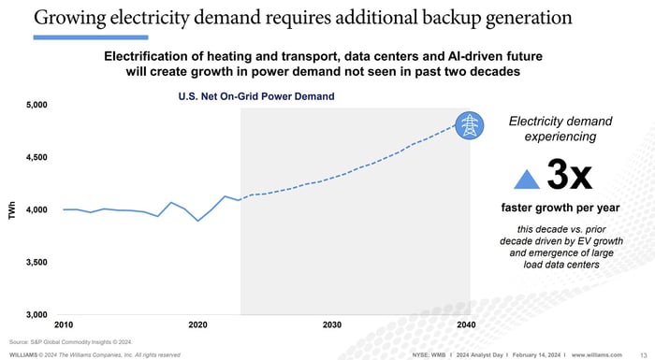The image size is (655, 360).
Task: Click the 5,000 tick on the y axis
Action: coord(35,105)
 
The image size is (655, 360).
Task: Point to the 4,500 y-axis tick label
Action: coord(35,157)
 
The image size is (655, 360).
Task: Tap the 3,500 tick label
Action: coord(35,262)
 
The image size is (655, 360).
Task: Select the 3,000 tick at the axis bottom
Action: coord(35,314)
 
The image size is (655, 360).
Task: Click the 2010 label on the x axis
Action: coord(64,324)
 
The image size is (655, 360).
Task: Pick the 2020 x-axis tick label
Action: coord(197,324)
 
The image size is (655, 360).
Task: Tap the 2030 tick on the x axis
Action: coord(331,324)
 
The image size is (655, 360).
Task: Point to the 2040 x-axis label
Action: coord(465,324)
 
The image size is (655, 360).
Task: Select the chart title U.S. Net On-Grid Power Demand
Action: coord(255,96)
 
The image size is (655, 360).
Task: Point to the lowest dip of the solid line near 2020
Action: coord(197,221)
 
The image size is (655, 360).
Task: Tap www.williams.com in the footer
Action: coord(597,355)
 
